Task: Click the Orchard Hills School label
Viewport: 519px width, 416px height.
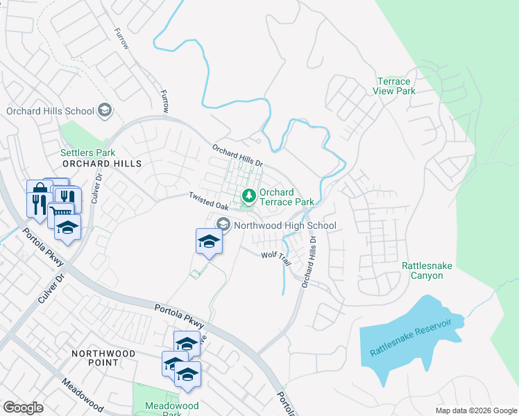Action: (x=50, y=111)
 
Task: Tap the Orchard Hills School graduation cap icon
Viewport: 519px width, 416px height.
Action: (x=104, y=110)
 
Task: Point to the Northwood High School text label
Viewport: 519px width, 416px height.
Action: (x=285, y=225)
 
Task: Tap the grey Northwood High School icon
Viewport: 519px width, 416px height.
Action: (x=223, y=225)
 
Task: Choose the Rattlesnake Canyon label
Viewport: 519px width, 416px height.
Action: (x=422, y=270)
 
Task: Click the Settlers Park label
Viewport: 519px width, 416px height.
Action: (x=87, y=153)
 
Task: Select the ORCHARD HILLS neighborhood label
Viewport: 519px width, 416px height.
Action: (x=102, y=164)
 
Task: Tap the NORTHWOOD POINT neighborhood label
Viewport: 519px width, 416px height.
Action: (x=103, y=354)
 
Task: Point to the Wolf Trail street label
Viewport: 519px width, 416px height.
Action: (x=275, y=257)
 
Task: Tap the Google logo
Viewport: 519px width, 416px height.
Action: (x=23, y=408)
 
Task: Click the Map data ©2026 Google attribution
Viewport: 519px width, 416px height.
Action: (x=475, y=410)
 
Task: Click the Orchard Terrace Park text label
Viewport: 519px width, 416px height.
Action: (x=287, y=197)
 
